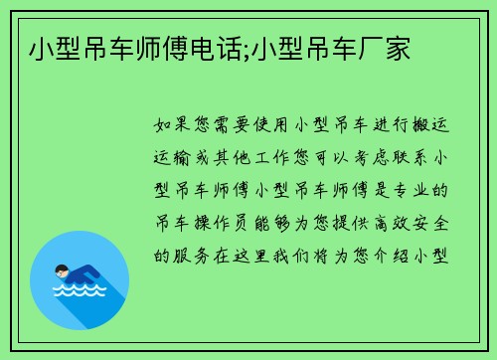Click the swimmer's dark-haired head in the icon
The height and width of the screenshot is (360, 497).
(x=61, y=270)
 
